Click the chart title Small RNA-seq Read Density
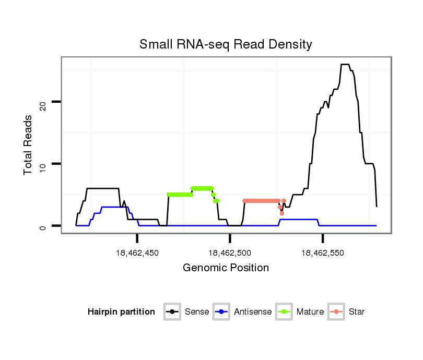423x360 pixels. click(x=226, y=44)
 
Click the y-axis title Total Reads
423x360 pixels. click(x=29, y=145)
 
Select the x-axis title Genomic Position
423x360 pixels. click(x=226, y=268)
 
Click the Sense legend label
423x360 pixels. click(x=197, y=312)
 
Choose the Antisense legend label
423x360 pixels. click(x=253, y=312)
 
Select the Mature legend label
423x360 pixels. click(x=310, y=312)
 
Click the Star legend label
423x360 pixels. click(x=357, y=312)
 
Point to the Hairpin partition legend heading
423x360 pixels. click(x=121, y=312)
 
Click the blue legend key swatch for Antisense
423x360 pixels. click(x=221, y=312)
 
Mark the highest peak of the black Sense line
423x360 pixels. click(x=345, y=65)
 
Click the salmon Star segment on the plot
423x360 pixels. click(x=261, y=200)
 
